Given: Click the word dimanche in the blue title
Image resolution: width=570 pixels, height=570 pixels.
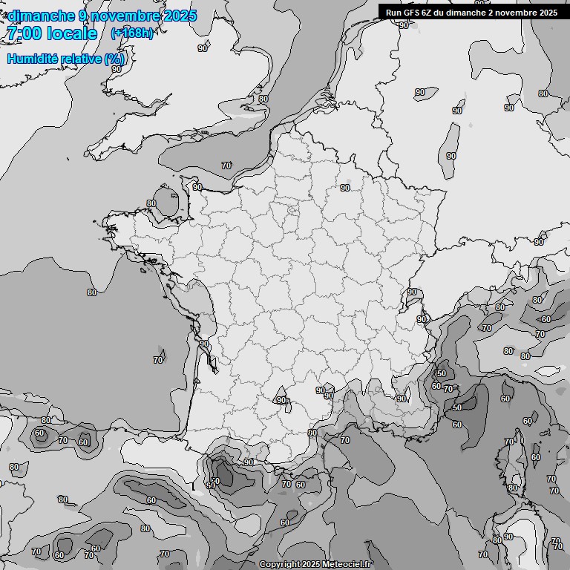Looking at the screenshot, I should (x=40, y=16).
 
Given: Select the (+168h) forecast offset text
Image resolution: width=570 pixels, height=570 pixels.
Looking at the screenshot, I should (x=132, y=33).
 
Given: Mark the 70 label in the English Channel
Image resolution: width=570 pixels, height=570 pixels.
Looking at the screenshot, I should (x=226, y=166).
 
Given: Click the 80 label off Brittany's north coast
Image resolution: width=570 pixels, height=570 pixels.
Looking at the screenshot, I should (x=151, y=203).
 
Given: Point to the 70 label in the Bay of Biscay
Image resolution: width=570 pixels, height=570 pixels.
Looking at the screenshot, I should (x=158, y=360).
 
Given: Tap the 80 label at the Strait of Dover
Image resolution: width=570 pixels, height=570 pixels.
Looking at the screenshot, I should (x=263, y=99).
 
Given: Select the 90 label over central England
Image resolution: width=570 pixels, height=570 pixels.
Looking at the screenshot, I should (x=203, y=48).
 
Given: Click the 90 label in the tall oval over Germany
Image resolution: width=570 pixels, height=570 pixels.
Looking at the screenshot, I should (x=451, y=156).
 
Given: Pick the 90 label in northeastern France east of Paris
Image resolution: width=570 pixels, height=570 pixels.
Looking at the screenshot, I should (x=345, y=188).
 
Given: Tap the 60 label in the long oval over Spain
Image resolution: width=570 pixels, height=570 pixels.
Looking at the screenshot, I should (x=151, y=500).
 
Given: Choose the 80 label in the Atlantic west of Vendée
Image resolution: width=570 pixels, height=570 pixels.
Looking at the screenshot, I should (x=92, y=292).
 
